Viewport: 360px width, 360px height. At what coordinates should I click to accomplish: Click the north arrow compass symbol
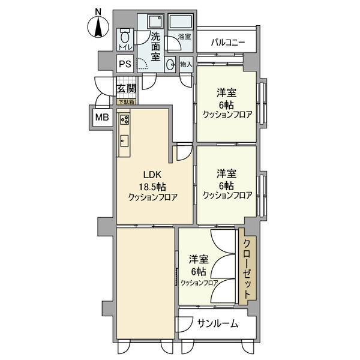pos(98,27)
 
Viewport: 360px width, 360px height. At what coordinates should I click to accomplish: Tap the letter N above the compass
pos(98,10)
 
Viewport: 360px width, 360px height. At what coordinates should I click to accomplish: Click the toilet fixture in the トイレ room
pos(125,35)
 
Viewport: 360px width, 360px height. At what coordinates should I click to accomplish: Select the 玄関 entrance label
pos(126,88)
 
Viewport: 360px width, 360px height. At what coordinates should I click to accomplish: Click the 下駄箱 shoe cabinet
pos(125,101)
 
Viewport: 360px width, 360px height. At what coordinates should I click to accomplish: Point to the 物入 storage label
pos(185,64)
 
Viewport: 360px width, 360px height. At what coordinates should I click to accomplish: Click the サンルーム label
pos(217,324)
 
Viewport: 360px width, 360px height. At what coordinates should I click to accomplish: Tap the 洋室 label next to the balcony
pos(226,93)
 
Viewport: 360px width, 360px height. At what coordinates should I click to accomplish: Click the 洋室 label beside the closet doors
pos(199,259)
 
